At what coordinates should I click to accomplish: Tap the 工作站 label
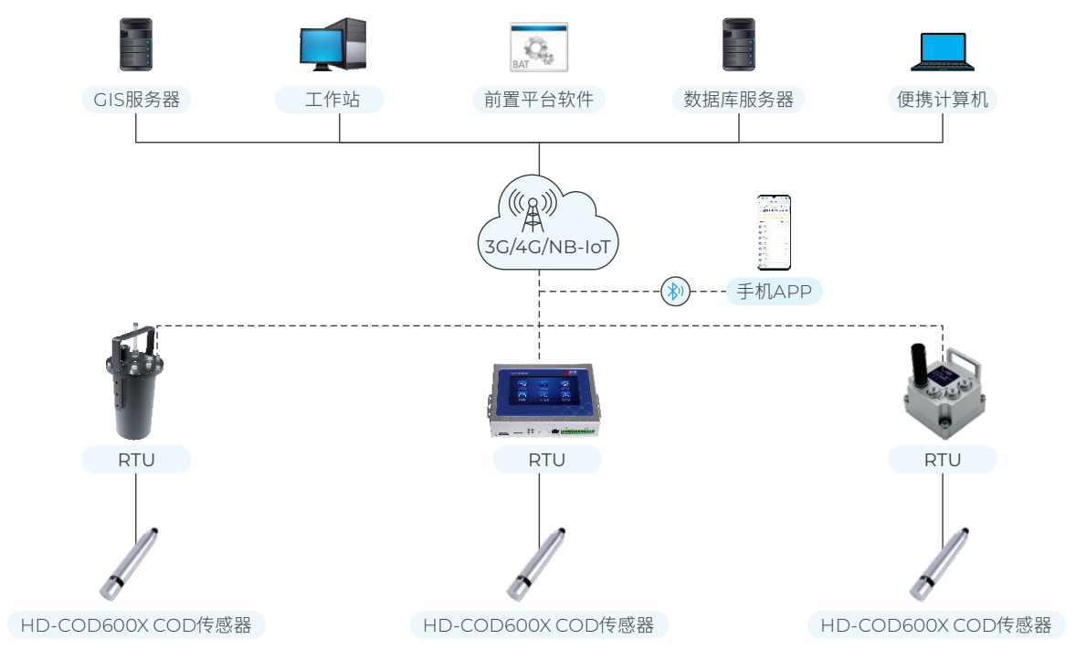tap(331, 100)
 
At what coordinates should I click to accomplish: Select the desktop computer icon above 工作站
tap(332, 46)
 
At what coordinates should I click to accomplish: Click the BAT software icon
tap(538, 48)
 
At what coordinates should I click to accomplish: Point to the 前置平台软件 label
tap(539, 100)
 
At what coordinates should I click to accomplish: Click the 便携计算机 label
tap(942, 100)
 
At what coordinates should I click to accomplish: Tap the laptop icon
tap(943, 52)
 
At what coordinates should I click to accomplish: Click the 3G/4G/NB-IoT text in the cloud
tap(545, 246)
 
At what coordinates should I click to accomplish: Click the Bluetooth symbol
tap(676, 292)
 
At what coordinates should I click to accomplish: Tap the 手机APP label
tap(775, 293)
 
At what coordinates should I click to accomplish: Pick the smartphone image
tap(775, 232)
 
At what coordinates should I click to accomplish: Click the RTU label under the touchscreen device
tap(546, 460)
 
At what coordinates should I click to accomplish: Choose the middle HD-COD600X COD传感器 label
tap(539, 625)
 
